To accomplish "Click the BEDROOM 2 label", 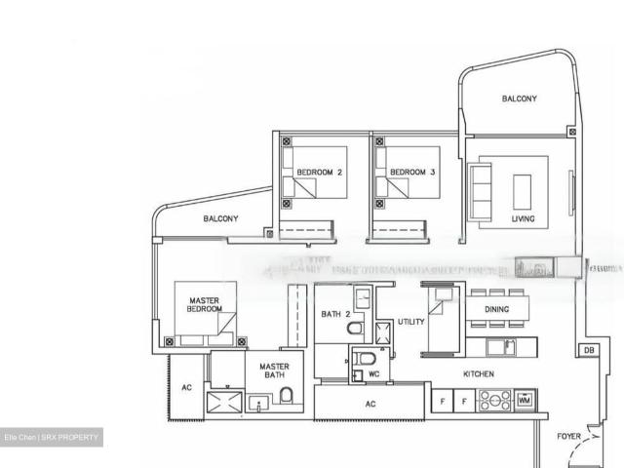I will [x=319, y=173].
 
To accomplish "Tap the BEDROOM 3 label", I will [x=411, y=173].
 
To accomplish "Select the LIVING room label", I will [x=523, y=219].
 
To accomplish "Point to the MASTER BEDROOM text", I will [x=205, y=304].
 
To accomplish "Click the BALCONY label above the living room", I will [x=519, y=98].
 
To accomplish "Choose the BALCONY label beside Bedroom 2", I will [x=220, y=219].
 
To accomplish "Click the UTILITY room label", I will [x=410, y=322].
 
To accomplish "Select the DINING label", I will [x=497, y=310].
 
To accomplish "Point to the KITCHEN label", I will [x=478, y=374].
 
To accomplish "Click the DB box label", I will [x=588, y=350].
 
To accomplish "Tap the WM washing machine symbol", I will [x=525, y=400].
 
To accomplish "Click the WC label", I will [x=373, y=374].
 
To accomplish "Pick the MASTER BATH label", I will [x=274, y=373].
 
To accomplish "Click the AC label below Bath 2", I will [x=370, y=403].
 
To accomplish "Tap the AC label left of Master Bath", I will [x=186, y=387].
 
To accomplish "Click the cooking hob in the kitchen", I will [x=493, y=400].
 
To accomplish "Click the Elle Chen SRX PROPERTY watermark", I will [x=52, y=439].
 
